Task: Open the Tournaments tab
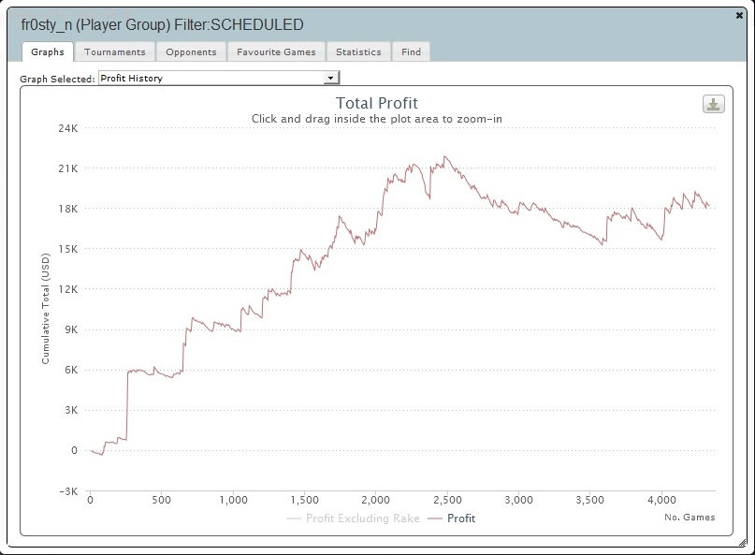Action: click(114, 52)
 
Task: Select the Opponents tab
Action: click(191, 52)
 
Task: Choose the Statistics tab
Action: click(358, 52)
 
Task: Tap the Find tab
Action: click(411, 52)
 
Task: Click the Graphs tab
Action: click(47, 52)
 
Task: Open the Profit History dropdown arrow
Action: click(330, 79)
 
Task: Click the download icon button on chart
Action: click(714, 104)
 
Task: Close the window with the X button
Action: click(740, 15)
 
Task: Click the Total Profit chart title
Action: click(376, 104)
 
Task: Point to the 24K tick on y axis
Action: click(68, 128)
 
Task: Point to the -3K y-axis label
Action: click(68, 490)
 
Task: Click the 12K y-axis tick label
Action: click(68, 289)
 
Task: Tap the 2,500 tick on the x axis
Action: click(446, 500)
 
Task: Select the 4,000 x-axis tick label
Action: click(661, 500)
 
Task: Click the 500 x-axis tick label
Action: click(161, 500)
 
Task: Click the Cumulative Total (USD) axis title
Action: click(45, 310)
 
